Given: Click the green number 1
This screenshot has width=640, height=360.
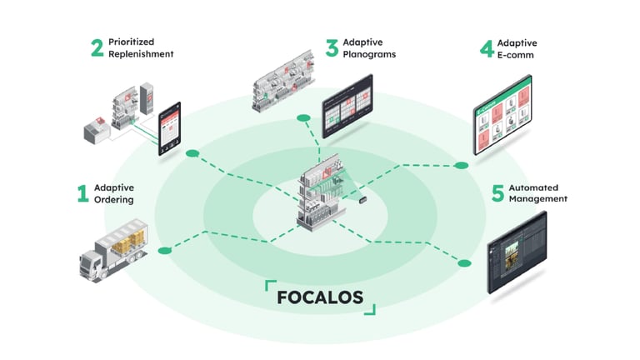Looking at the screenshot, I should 82,194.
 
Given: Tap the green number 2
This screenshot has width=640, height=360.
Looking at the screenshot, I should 97,47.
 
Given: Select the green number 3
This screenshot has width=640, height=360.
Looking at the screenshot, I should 332,47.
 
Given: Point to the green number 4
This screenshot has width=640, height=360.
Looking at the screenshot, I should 487,47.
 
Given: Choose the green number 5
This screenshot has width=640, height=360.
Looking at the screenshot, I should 497,194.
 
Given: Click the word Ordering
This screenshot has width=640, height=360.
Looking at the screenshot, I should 114,200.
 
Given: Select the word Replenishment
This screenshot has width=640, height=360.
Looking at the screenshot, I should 142,53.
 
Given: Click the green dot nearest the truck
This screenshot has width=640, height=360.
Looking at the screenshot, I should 165,249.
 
